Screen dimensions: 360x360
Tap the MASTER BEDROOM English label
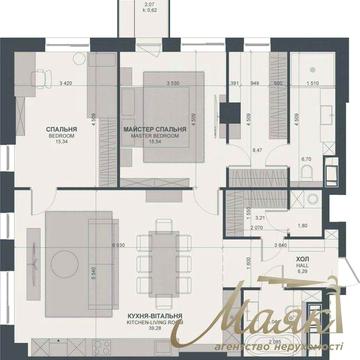[148, 137]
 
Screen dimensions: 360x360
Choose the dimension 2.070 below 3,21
[256, 228]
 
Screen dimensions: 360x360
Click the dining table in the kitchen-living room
[161, 258]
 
